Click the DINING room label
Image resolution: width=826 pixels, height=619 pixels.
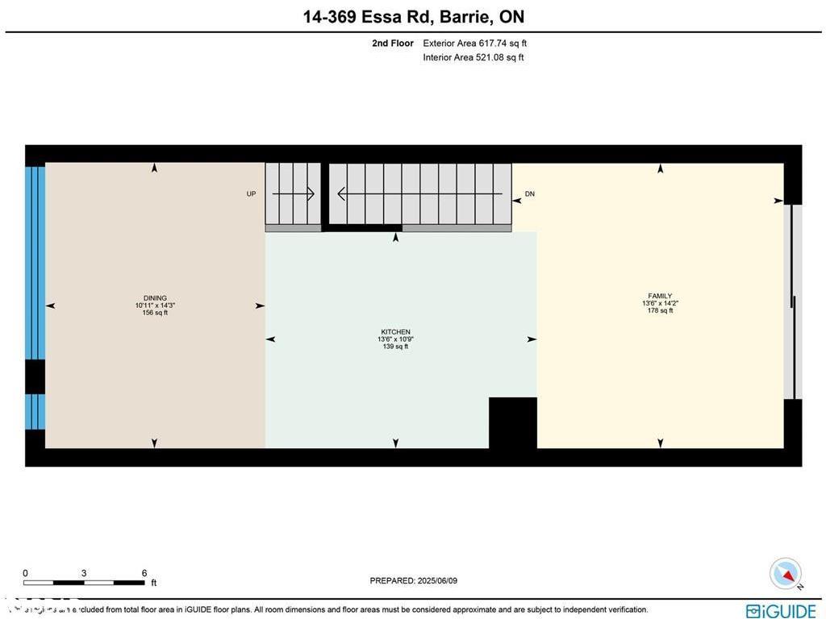pyautogui.click(x=154, y=298)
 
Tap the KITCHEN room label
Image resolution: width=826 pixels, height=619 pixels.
pyautogui.click(x=395, y=332)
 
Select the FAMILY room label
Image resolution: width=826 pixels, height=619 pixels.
pyautogui.click(x=659, y=296)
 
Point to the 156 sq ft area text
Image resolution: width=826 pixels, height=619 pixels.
pyautogui.click(x=154, y=313)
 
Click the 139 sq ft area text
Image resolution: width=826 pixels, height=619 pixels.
pyautogui.click(x=395, y=347)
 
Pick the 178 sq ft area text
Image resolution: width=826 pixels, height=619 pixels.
pyautogui.click(x=659, y=310)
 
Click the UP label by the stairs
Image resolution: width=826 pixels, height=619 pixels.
pyautogui.click(x=251, y=194)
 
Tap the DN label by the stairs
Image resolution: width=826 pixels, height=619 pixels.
pyautogui.click(x=529, y=194)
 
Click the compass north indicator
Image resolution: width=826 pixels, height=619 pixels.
pyautogui.click(x=785, y=573)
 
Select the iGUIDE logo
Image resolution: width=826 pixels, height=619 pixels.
pyautogui.click(x=781, y=611)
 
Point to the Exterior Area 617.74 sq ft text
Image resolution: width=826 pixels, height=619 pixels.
pyautogui.click(x=474, y=44)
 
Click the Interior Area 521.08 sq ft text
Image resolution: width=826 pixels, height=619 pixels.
pyautogui.click(x=473, y=57)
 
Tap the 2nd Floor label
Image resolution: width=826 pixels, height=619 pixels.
pyautogui.click(x=393, y=44)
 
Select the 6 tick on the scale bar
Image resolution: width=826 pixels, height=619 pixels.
pyautogui.click(x=144, y=574)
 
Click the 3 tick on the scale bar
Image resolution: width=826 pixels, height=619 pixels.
pyautogui.click(x=84, y=574)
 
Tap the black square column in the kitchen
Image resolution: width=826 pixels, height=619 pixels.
pyautogui.click(x=513, y=422)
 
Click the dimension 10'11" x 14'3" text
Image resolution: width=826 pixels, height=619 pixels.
pyautogui.click(x=154, y=305)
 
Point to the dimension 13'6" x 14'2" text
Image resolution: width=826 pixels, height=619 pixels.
pyautogui.click(x=659, y=303)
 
